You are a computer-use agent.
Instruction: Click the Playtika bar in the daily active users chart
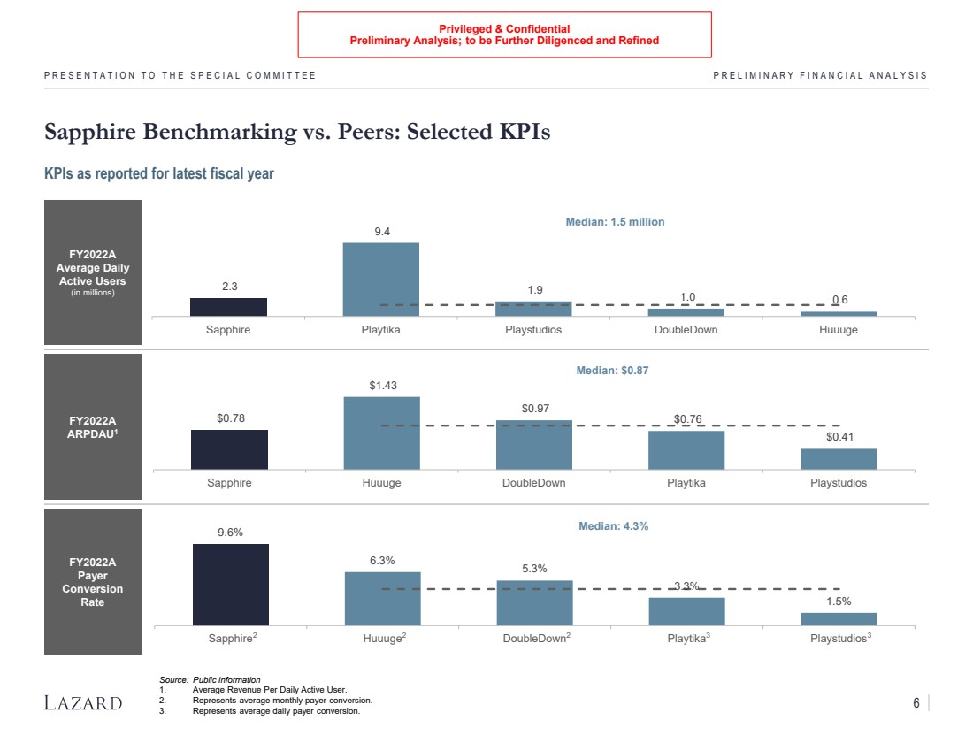tap(381, 279)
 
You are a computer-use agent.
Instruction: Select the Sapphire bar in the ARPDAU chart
tap(229, 449)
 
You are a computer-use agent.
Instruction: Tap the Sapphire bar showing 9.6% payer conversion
tap(231, 585)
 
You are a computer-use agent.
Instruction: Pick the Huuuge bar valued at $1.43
tap(381, 433)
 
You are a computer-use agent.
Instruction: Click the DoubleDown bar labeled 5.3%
tap(534, 603)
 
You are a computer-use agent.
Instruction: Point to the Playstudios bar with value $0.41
tap(839, 459)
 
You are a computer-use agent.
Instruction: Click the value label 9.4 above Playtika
tap(382, 232)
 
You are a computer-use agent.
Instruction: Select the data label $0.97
tap(534, 408)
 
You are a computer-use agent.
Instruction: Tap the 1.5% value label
tap(839, 602)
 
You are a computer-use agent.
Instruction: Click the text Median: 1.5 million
tap(615, 222)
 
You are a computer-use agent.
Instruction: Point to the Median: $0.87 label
tap(612, 371)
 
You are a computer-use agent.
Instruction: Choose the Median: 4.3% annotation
tap(613, 526)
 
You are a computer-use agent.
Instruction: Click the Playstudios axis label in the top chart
tap(533, 330)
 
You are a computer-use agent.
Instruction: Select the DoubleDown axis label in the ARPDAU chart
tap(533, 483)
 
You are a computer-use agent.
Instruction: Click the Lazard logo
tap(83, 703)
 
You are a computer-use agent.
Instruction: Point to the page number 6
tap(916, 703)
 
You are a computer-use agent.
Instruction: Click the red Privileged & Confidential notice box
tap(504, 34)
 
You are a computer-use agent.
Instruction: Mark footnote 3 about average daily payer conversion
tap(275, 711)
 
